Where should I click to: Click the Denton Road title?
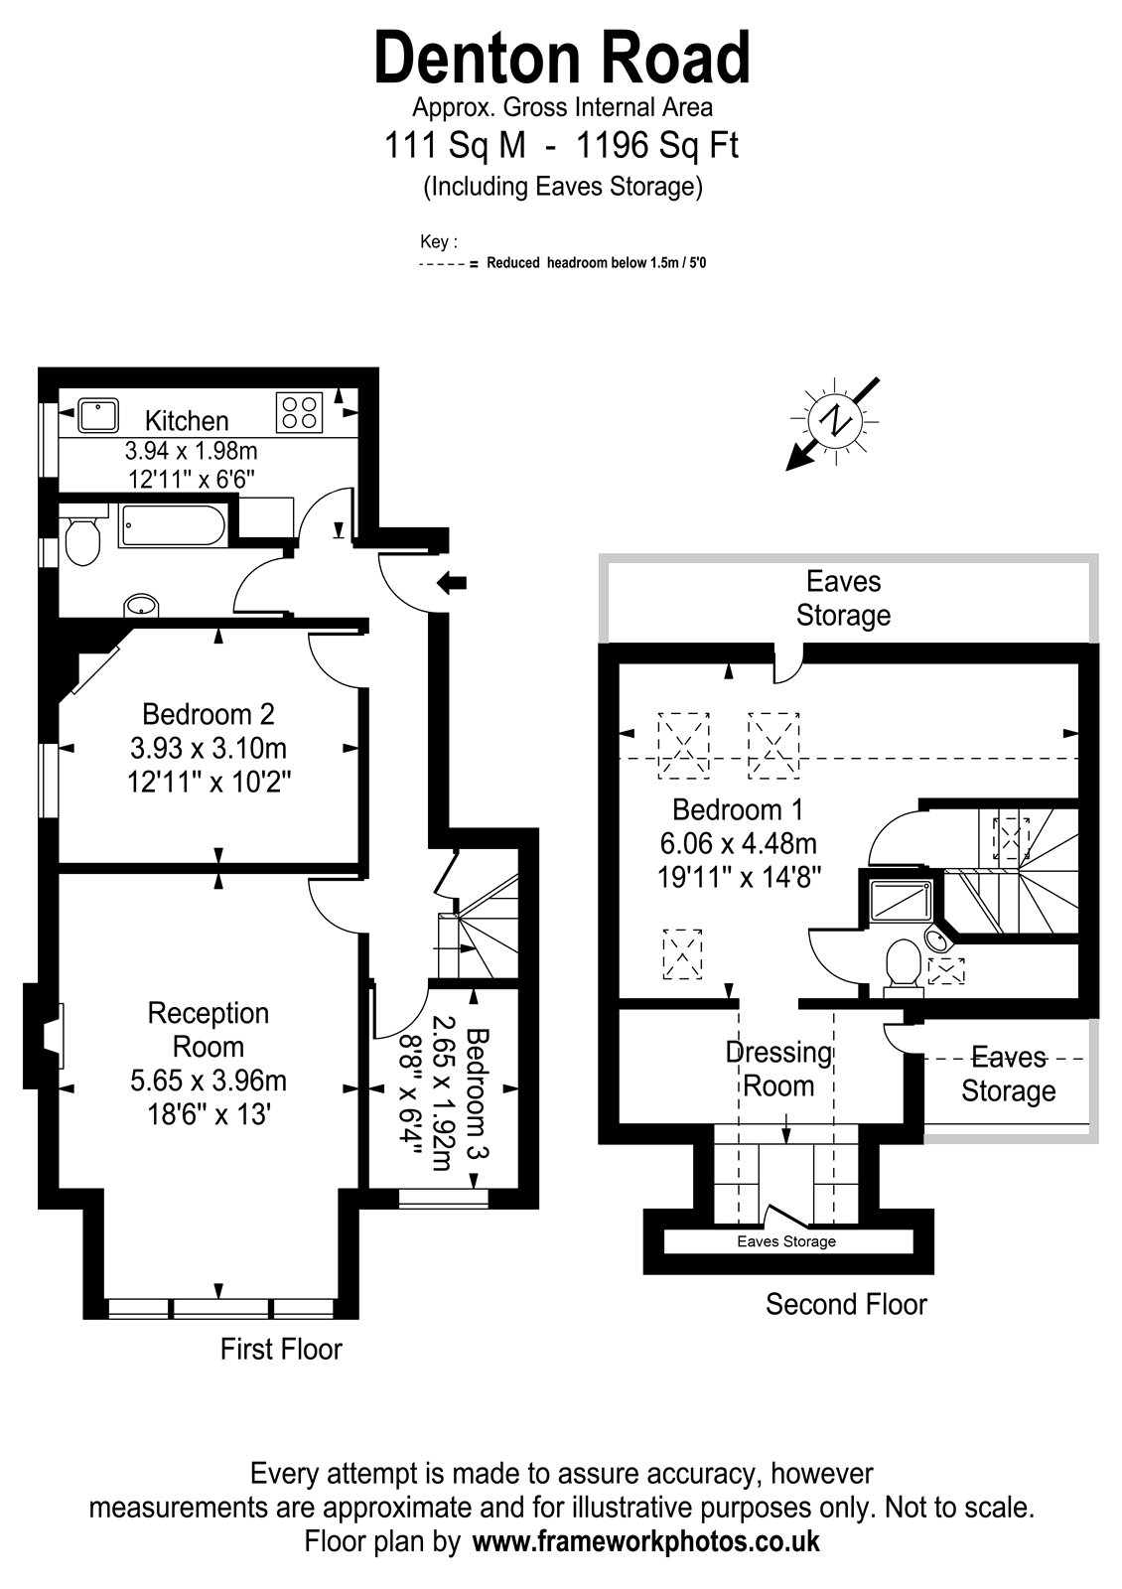(x=562, y=59)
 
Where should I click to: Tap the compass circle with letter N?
(x=835, y=421)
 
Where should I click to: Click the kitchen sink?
(x=98, y=416)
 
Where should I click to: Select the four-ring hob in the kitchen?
(x=299, y=412)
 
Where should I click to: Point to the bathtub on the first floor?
(x=174, y=525)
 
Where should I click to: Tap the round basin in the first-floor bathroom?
(x=141, y=606)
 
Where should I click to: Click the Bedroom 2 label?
(x=208, y=714)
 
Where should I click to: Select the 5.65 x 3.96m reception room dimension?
(x=208, y=1081)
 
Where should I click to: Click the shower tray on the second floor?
(x=901, y=902)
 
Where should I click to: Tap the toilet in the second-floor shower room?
(x=904, y=967)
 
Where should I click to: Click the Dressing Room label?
(x=778, y=1069)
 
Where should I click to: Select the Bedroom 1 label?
(x=738, y=809)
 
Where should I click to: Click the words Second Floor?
(x=846, y=1304)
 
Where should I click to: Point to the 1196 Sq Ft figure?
(x=657, y=145)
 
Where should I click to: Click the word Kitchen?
(x=187, y=421)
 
